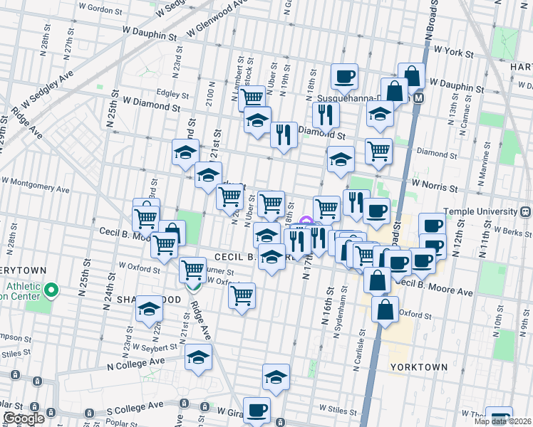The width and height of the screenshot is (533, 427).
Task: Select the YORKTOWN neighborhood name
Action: (x=419, y=367)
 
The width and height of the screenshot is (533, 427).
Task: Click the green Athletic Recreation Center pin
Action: (x=51, y=290)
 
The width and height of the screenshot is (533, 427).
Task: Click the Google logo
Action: (x=24, y=418)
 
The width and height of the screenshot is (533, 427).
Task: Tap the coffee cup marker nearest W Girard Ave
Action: (x=257, y=411)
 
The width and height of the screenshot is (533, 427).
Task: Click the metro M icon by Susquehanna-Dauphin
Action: (x=418, y=97)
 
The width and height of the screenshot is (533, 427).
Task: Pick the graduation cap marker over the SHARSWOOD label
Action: (x=149, y=308)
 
